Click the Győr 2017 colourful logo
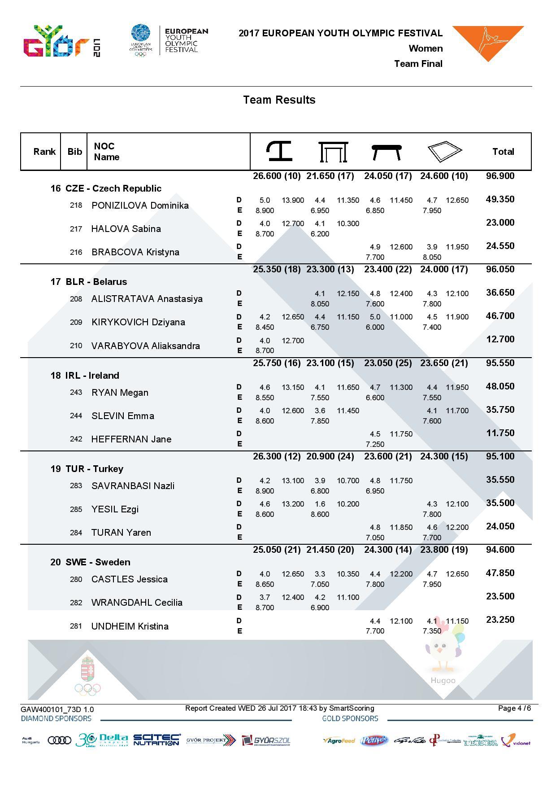61,42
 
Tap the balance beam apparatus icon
387,152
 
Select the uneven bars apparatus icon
333,152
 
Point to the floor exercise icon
444,152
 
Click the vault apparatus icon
279,151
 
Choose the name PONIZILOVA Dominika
140,205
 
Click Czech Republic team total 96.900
500,176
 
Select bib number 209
76,322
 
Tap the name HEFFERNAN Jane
131,439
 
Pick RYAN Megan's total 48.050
500,386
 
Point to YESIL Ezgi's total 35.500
500,503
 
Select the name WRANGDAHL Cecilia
137,603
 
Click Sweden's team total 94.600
500,550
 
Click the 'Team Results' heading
279,100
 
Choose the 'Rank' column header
44,152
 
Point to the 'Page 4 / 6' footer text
514,708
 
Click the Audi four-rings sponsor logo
59,740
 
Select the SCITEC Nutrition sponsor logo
156,740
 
